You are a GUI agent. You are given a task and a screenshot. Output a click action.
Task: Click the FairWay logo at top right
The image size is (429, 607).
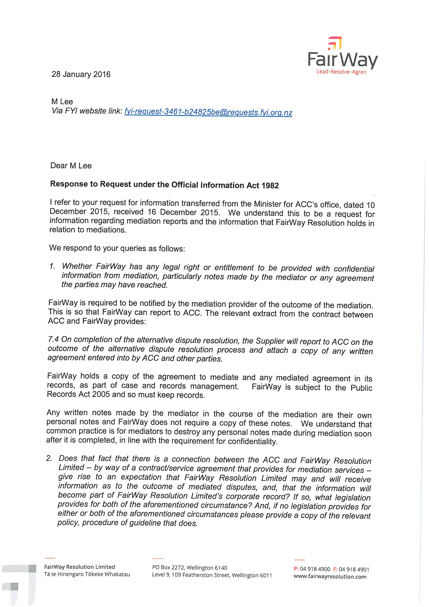[343, 54]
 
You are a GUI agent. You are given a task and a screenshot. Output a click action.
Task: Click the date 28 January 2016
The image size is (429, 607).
[81, 74]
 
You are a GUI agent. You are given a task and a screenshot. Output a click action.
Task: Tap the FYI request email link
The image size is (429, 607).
[208, 112]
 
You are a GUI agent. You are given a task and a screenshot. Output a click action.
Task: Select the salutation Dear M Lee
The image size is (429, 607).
[71, 166]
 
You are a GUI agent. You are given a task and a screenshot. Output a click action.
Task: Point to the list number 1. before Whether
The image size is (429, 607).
[52, 266]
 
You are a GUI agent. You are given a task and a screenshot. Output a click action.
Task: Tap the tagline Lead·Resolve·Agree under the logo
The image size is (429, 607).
[341, 72]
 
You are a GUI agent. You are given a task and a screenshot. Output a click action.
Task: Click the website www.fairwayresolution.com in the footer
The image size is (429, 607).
[330, 577]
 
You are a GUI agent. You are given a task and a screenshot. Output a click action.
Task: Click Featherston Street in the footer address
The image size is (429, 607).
[206, 575]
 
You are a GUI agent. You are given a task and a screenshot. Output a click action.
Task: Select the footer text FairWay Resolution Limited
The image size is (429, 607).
[80, 567]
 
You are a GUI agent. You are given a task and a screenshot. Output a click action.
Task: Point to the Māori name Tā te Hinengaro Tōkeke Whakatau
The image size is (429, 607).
[87, 574]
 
